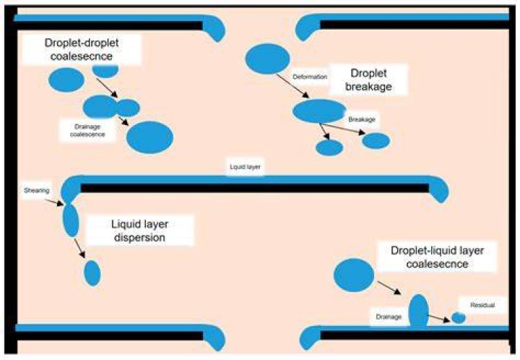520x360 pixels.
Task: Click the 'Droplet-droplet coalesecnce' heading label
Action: (82, 49)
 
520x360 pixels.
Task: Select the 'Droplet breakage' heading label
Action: (368, 80)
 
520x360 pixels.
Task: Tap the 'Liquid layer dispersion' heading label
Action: (139, 231)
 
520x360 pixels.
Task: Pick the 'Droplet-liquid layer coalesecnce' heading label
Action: (437, 257)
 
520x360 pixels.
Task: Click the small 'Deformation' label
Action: (310, 77)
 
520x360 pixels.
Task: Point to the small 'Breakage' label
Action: (362, 119)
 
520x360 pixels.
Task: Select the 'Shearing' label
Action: (37, 190)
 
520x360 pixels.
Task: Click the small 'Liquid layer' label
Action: (245, 167)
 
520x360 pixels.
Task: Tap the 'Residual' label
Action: (482, 305)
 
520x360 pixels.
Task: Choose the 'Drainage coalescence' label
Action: (87, 130)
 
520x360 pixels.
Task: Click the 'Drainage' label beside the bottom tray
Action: (389, 317)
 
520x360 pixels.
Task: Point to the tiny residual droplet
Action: (459, 317)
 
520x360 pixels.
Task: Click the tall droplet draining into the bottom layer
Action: (419, 311)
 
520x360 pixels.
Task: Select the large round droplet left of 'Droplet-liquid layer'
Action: (354, 275)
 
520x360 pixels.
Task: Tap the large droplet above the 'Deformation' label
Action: (267, 59)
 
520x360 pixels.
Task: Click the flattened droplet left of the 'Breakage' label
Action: (319, 111)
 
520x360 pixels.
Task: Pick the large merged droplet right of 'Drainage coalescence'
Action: (150, 137)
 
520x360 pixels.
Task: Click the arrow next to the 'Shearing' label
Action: (54, 202)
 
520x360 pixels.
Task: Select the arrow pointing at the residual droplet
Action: (439, 319)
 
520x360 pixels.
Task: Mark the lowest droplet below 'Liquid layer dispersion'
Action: (92, 273)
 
